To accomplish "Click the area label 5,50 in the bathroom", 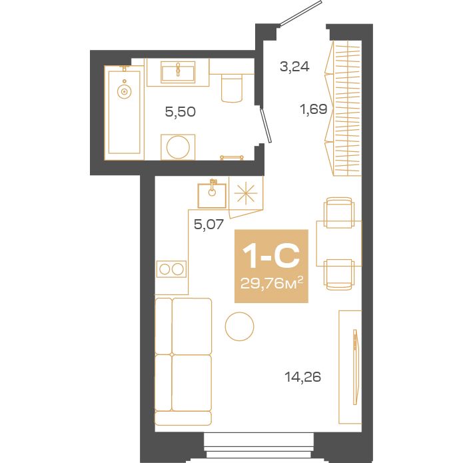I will click(180, 112).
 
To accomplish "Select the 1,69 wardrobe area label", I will click(313, 109).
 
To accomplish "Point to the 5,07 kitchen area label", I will click(208, 224).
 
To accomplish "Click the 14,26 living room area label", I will click(303, 377).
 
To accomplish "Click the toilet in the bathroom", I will click(231, 89).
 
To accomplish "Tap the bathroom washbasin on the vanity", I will click(178, 70).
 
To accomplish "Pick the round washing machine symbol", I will click(178, 146).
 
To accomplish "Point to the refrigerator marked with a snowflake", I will click(246, 194).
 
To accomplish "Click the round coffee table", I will click(239, 326).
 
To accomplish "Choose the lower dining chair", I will click(338, 273).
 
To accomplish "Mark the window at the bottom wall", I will click(258, 443).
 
